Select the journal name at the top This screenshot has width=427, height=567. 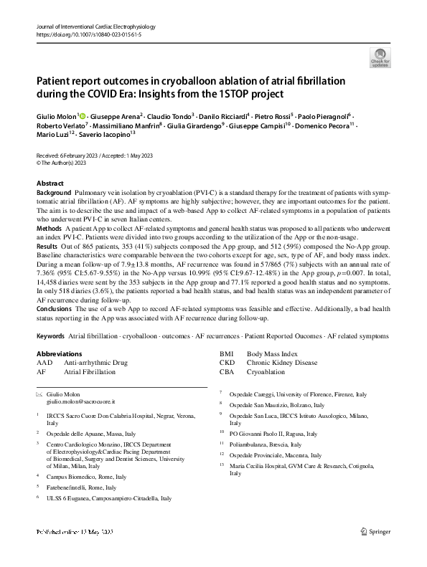pyautogui.click(x=95, y=27)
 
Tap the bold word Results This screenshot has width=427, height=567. pyautogui.click(x=47, y=246)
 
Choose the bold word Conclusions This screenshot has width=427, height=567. pyautogui.click(x=55, y=308)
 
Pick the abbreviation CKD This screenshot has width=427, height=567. pyautogui.click(x=227, y=363)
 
